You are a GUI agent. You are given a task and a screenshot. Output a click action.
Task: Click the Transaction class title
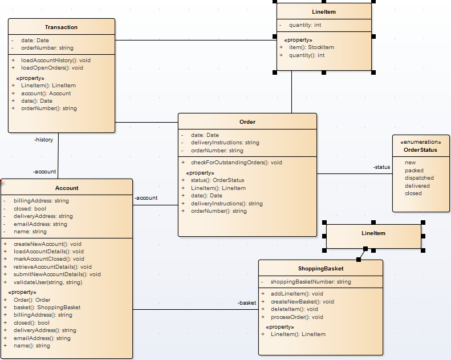click(x=61, y=27)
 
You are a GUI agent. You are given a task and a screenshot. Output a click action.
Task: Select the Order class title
click(x=247, y=122)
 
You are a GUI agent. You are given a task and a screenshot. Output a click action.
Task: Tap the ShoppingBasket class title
click(x=320, y=269)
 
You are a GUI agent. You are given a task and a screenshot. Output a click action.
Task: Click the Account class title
click(x=67, y=188)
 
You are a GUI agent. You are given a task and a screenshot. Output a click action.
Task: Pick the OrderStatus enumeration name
click(x=420, y=150)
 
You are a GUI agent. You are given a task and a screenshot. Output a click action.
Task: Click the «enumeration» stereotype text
click(x=420, y=142)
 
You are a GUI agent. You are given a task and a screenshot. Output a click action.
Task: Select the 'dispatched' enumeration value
click(x=419, y=178)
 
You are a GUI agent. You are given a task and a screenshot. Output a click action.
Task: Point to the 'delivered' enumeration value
click(x=417, y=185)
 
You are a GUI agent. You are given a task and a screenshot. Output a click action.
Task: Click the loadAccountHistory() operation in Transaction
click(x=55, y=60)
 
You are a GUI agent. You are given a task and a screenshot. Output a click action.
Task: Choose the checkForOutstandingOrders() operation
click(x=236, y=163)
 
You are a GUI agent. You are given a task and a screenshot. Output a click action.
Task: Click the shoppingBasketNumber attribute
click(x=310, y=282)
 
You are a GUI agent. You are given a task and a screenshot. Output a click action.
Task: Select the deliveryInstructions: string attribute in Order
click(x=225, y=143)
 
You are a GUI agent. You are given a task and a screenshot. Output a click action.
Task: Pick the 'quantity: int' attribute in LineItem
click(x=304, y=25)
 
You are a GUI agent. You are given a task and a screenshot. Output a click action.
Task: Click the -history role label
click(x=43, y=140)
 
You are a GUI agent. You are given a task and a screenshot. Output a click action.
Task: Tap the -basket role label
click(x=246, y=303)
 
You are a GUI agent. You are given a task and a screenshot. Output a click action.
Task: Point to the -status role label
click(x=381, y=167)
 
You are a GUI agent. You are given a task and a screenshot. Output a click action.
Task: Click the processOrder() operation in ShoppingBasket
click(x=296, y=317)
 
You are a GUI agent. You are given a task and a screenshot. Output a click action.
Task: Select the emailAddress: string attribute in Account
click(x=40, y=224)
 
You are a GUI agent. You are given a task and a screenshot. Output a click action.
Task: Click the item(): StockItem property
click(x=311, y=47)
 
